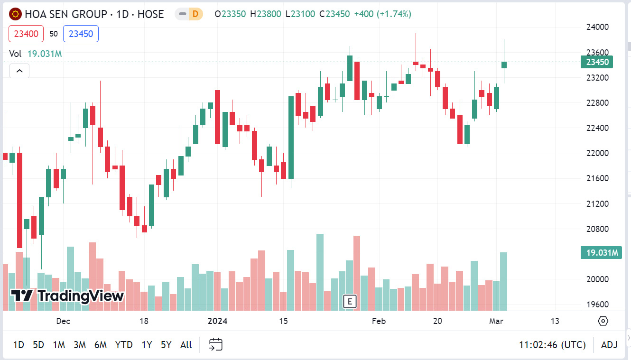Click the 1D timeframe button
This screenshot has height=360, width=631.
[19, 345]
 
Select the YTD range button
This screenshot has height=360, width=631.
[124, 345]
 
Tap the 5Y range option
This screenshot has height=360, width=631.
[166, 345]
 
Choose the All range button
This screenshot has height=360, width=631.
[186, 345]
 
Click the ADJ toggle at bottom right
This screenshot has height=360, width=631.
[609, 345]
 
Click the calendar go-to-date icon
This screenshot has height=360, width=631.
[216, 344]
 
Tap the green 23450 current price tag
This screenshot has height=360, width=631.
[597, 62]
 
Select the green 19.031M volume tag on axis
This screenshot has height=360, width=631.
[601, 253]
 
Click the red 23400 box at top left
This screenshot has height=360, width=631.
[26, 34]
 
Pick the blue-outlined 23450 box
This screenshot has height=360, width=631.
[81, 34]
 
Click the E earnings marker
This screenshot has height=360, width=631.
[350, 301]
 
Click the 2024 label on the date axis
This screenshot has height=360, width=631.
[217, 321]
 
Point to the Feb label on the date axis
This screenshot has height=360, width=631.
[379, 321]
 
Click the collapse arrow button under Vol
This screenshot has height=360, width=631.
[19, 71]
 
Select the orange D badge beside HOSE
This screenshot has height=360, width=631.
[195, 14]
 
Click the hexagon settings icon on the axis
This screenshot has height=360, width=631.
[603, 321]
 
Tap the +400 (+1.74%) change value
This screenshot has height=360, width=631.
[382, 14]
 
